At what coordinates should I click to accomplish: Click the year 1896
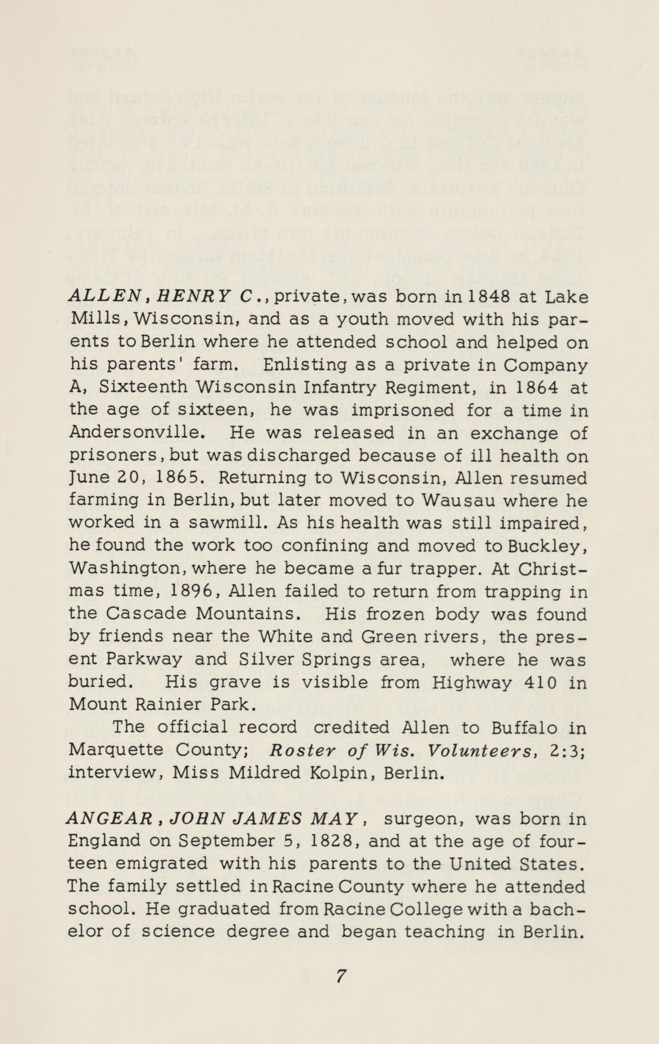[192, 591]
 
